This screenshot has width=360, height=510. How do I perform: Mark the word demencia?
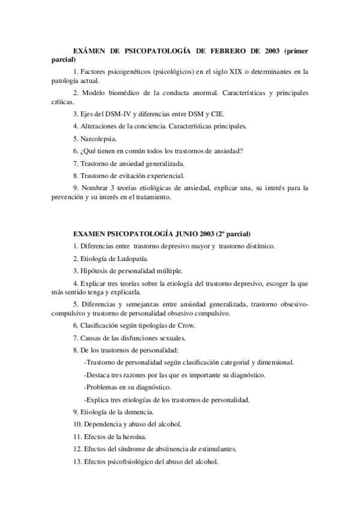point(139,411)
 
